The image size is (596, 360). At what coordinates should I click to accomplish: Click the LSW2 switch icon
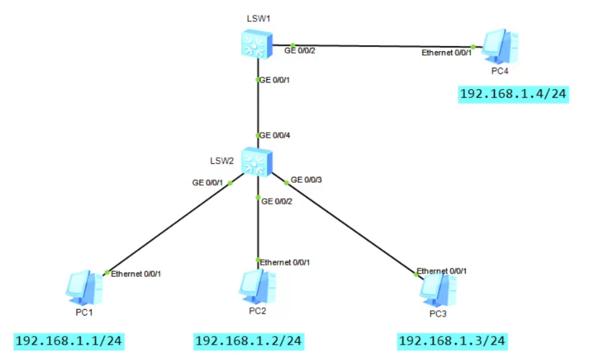pyautogui.click(x=257, y=162)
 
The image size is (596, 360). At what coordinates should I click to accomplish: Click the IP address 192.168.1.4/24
pyautogui.click(x=513, y=94)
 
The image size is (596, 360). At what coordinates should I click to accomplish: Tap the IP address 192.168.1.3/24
pyautogui.click(x=452, y=341)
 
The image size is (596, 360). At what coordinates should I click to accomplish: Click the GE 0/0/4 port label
pyautogui.click(x=275, y=135)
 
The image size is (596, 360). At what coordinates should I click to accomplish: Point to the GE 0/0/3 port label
pyautogui.click(x=307, y=179)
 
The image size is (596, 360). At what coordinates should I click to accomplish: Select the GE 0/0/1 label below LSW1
pyautogui.click(x=275, y=80)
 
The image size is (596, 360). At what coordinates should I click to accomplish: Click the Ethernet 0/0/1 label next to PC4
pyautogui.click(x=446, y=52)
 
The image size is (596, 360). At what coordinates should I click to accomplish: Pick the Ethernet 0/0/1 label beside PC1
pyautogui.click(x=136, y=274)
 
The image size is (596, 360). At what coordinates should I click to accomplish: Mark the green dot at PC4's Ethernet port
pyautogui.click(x=473, y=46)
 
